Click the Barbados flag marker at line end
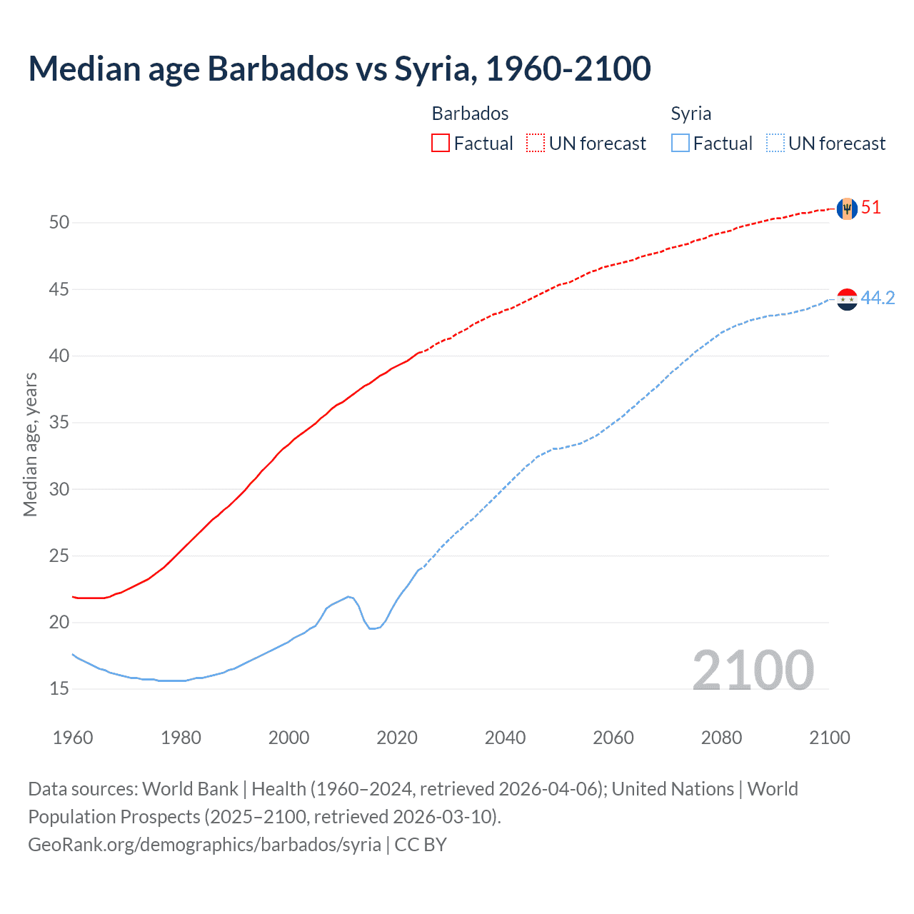(846, 209)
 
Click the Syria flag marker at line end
(846, 299)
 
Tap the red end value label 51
(871, 208)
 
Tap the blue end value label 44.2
(878, 298)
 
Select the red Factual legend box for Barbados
(441, 144)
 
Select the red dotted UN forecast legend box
(536, 144)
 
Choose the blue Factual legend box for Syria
(681, 144)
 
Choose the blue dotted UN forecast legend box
(775, 144)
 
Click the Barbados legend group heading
(470, 114)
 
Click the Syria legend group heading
(690, 114)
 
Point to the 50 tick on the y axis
(59, 223)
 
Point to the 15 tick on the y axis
(59, 689)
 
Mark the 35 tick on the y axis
(59, 423)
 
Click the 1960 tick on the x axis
(73, 738)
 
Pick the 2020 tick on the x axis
(397, 738)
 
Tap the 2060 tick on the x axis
(613, 738)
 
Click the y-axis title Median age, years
(30, 444)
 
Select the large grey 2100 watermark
(753, 670)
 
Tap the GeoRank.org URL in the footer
(204, 845)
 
